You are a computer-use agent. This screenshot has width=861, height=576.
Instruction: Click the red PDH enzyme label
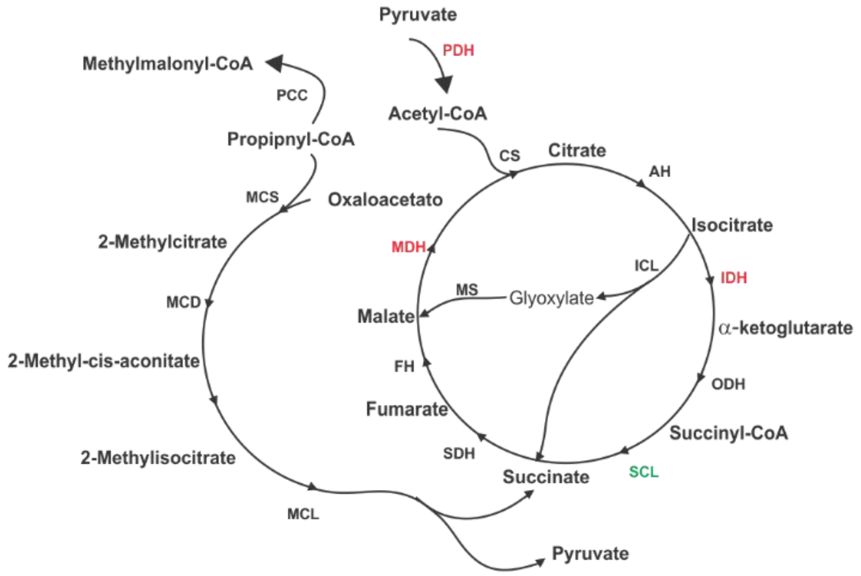point(458,50)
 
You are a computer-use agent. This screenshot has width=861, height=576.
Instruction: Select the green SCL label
point(643,472)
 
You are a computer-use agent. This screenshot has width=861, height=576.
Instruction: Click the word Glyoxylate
point(551,298)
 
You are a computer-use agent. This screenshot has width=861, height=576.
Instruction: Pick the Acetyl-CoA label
point(437,114)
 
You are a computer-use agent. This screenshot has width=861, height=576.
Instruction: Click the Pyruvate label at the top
point(418,15)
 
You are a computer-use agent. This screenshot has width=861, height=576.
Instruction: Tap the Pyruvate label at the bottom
point(590,554)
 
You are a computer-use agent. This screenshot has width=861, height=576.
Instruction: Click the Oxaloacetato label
point(385,200)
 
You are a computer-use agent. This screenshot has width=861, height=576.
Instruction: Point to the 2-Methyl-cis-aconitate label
point(104,361)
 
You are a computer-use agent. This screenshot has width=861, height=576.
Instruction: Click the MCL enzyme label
point(303,514)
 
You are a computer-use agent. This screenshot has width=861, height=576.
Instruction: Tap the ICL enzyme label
point(646,265)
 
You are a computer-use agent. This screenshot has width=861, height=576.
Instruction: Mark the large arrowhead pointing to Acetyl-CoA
point(444,84)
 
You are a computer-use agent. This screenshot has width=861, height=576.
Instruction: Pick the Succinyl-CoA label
point(728,433)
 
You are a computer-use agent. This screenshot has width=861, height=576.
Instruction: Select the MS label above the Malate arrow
point(466,290)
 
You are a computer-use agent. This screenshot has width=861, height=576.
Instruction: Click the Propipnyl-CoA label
point(291,139)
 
